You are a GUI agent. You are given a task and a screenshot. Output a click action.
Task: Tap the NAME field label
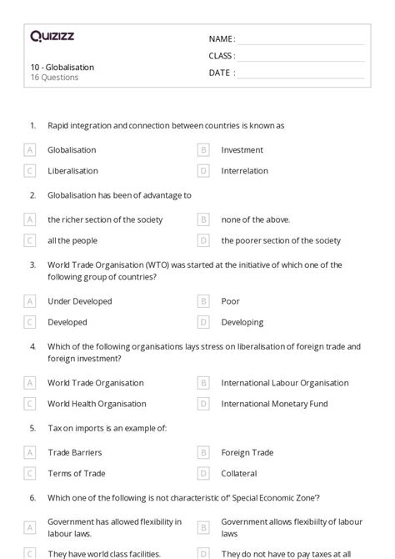[x=222, y=39]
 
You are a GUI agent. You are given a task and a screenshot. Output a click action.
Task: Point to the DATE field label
[x=222, y=73]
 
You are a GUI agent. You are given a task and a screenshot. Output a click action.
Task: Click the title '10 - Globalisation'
[x=62, y=67]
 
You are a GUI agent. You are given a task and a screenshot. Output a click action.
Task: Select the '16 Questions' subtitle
[x=54, y=78]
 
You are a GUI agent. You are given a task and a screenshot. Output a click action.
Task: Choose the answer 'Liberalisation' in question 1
[x=72, y=171]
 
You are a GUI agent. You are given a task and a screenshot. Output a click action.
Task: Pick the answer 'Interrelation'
[x=244, y=171]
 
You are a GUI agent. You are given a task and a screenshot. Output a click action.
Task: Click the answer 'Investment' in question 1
[x=242, y=150]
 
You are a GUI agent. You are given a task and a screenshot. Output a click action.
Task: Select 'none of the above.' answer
[x=255, y=220]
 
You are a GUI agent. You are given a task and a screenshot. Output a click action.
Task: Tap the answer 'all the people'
[x=72, y=240]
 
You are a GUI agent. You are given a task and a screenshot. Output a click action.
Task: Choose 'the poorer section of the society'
[x=281, y=240]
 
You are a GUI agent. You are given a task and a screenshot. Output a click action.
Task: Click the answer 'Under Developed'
[x=79, y=301]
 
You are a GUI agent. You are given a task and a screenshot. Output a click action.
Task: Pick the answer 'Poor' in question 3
[x=230, y=301]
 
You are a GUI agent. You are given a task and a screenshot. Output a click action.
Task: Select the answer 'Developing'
[x=242, y=322]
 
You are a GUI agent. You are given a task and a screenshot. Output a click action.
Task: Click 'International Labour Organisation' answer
[x=284, y=383]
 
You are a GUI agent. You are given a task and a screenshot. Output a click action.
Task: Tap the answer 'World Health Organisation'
[x=97, y=404]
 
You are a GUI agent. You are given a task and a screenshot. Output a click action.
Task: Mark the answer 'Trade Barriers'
[x=75, y=453]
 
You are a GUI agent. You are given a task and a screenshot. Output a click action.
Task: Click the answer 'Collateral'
[x=238, y=474]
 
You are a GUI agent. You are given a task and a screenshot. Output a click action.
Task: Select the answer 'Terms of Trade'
[x=76, y=474]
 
